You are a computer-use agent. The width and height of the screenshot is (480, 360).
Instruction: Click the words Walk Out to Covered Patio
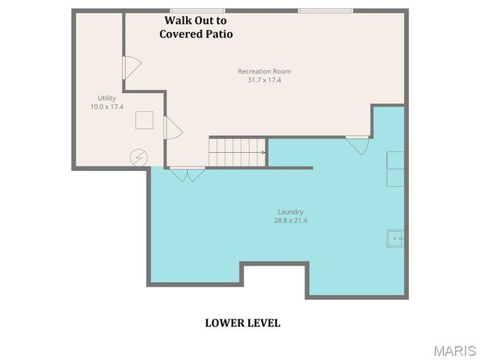pos(196,28)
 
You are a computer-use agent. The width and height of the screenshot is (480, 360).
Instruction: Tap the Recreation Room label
pos(264,71)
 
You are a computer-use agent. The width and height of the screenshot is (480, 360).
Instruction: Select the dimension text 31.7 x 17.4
pos(264,80)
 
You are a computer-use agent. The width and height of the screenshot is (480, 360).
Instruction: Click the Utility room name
pos(106,98)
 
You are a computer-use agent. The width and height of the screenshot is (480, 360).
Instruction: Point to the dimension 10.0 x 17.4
pos(106,107)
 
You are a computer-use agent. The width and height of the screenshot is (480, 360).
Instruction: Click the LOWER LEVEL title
pos(242,322)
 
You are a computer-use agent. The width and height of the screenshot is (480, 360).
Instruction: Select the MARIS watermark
pos(454,350)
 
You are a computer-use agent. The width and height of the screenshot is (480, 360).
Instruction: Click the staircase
pos(237,152)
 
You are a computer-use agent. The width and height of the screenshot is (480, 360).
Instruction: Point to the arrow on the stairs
pos(262,152)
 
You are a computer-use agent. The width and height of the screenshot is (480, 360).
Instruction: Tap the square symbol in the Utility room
pos(144,120)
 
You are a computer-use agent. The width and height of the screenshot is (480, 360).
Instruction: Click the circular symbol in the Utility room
pos(139,157)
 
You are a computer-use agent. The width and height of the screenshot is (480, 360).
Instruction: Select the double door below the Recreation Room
pos(187,174)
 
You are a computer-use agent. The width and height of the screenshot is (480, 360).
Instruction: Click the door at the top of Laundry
pos(358,143)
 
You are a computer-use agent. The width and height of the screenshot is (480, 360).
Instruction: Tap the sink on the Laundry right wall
pos(395,238)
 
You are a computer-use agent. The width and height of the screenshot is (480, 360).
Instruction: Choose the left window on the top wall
pos(198,10)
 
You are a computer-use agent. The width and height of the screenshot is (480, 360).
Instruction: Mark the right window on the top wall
pos(325,10)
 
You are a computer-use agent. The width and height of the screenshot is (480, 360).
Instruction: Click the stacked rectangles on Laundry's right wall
pos(395,169)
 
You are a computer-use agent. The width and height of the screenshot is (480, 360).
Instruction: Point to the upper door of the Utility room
pos(130,67)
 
